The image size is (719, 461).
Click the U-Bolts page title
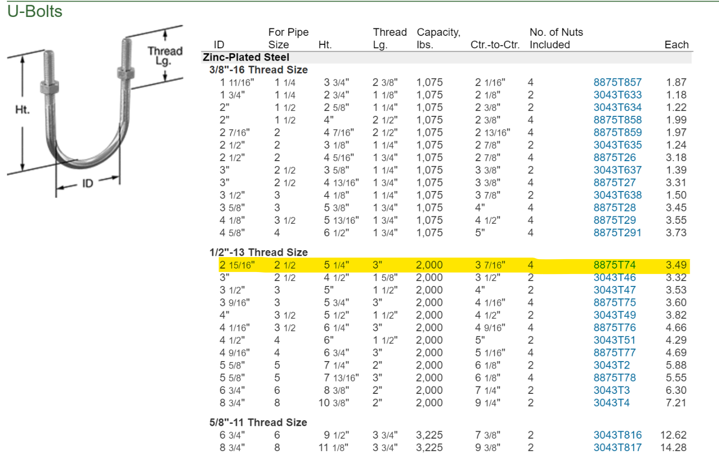click(x=35, y=11)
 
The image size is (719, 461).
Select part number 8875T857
click(x=617, y=83)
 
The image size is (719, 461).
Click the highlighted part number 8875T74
click(x=615, y=265)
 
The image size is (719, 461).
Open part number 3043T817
click(x=617, y=448)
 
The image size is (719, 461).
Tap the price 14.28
click(x=673, y=448)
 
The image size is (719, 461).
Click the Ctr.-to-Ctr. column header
click(x=495, y=45)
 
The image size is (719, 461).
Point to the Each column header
click(x=676, y=45)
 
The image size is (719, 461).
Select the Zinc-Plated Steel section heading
click(x=246, y=57)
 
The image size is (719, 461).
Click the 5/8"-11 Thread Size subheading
click(x=258, y=423)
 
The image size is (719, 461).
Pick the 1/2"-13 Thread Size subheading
click(x=259, y=252)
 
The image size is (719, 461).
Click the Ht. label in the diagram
click(x=22, y=110)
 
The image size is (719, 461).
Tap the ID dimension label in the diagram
click(x=88, y=184)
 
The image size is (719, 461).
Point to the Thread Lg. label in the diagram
click(x=165, y=56)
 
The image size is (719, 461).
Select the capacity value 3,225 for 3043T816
click(x=429, y=435)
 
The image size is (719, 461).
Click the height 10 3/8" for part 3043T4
click(x=334, y=403)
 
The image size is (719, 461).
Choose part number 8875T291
click(x=617, y=233)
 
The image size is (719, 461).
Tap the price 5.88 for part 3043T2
click(x=676, y=366)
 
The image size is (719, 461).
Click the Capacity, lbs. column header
click(x=439, y=38)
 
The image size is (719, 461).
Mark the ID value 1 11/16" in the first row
click(x=237, y=83)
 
